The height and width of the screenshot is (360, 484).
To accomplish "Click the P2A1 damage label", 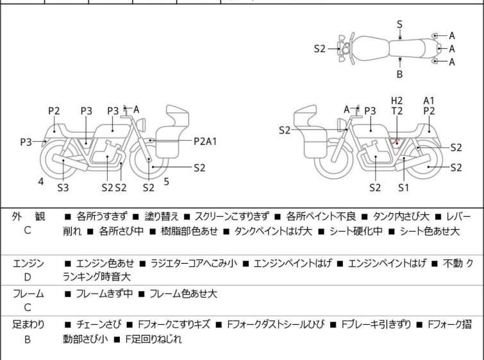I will click(x=206, y=141).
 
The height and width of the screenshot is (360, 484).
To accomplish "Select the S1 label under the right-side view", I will click(x=403, y=187).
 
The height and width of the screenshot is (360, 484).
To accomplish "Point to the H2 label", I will click(x=397, y=100).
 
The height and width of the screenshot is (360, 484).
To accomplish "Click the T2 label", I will click(x=397, y=111).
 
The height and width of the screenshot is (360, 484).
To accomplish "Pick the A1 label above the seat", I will click(x=429, y=100).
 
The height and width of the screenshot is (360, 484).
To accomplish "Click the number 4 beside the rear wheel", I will click(x=41, y=182).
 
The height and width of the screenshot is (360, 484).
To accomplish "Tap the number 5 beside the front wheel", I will click(x=166, y=182).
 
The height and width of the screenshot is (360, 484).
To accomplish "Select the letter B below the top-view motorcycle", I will click(x=399, y=74).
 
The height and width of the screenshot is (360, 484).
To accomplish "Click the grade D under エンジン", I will click(x=28, y=277).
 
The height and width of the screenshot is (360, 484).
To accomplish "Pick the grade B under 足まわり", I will click(x=28, y=339).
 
